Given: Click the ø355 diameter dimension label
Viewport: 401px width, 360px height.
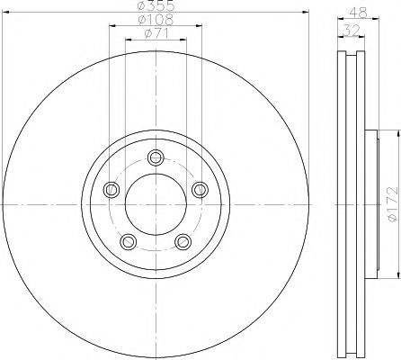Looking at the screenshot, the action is click(156, 5).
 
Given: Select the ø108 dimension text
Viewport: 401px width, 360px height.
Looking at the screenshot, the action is click(156, 20).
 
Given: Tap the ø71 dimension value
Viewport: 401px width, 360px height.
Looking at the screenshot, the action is click(156, 33).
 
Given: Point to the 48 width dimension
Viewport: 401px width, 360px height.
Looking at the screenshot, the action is click(359, 13).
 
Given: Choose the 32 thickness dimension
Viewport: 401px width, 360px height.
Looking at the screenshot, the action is click(351, 30).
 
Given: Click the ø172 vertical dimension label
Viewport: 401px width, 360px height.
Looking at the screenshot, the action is click(392, 204).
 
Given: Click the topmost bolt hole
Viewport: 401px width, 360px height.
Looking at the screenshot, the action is click(156, 157).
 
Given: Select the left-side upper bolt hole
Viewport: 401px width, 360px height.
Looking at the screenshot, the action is click(111, 190).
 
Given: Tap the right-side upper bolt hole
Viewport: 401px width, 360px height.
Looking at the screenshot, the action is click(200, 190).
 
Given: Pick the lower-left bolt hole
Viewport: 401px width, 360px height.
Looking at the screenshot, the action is click(129, 241).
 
